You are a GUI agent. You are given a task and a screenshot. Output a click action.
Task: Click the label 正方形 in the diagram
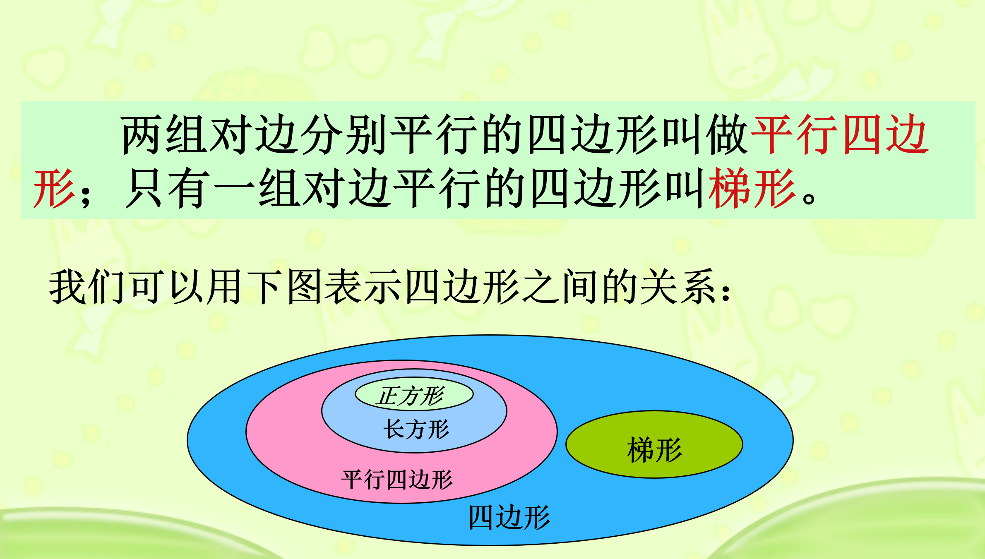(x=411, y=396)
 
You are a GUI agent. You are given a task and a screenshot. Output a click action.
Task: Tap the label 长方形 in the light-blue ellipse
(x=416, y=429)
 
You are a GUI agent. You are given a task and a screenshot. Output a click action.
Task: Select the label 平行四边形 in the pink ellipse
(x=397, y=480)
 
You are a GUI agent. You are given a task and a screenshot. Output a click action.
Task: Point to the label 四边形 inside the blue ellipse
(x=509, y=517)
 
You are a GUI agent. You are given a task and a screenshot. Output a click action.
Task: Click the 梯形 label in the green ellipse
(x=654, y=450)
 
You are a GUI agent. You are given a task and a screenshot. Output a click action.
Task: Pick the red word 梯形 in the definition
(x=752, y=188)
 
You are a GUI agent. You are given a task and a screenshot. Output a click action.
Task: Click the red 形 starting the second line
(x=54, y=188)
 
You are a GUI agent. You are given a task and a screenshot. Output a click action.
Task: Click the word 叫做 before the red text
(x=705, y=135)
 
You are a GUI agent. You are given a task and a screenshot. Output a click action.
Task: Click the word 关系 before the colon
(x=679, y=286)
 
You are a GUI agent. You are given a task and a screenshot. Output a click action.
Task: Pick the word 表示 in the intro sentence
(x=363, y=286)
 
